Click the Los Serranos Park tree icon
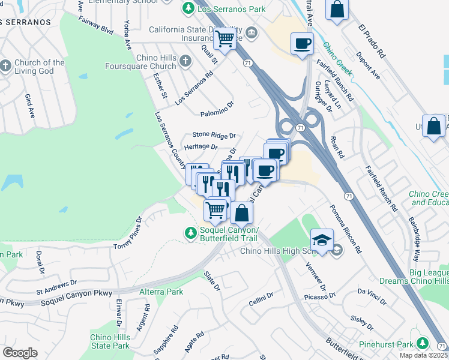[188, 9]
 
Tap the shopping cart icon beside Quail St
[225, 39]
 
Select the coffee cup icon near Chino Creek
[302, 43]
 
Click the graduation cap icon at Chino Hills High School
[322, 240]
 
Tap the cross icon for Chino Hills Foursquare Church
[186, 61]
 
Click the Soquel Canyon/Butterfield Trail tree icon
[190, 232]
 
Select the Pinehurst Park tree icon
[423, 343]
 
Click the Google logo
[20, 352]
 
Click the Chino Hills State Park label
[110, 341]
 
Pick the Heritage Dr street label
[200, 146]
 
